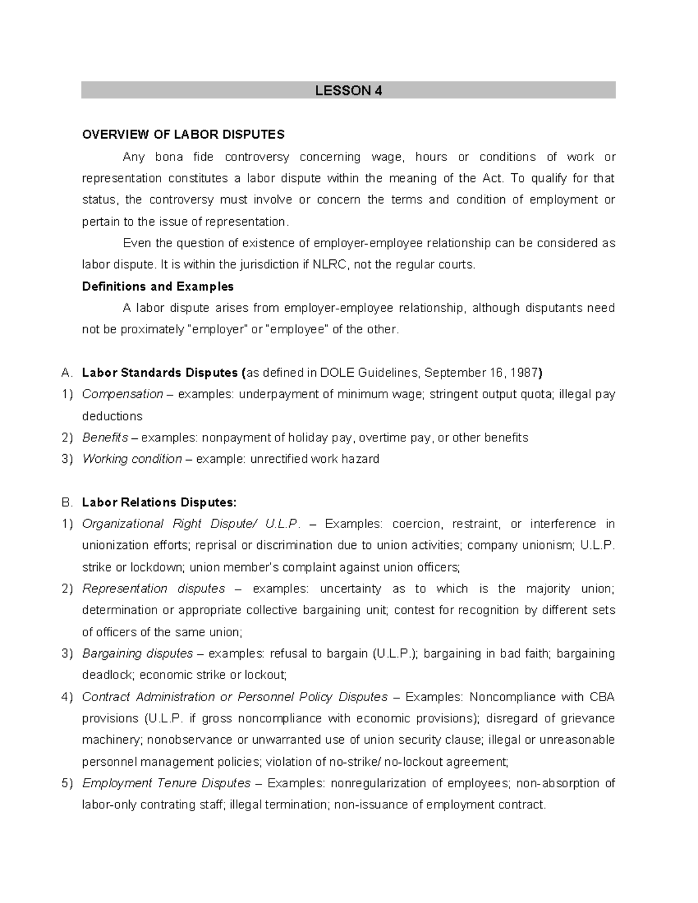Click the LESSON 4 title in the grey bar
[x=348, y=91]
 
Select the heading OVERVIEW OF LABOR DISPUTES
[x=183, y=135]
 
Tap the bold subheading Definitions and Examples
[x=158, y=286]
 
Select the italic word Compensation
[x=122, y=394]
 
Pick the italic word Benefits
[x=105, y=437]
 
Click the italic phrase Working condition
[x=132, y=459]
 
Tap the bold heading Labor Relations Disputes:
[x=159, y=502]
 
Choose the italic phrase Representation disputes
[x=154, y=588]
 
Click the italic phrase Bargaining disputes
[x=137, y=654]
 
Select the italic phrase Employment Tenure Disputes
[x=166, y=783]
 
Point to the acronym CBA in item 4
[x=602, y=697]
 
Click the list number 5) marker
[x=67, y=783]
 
